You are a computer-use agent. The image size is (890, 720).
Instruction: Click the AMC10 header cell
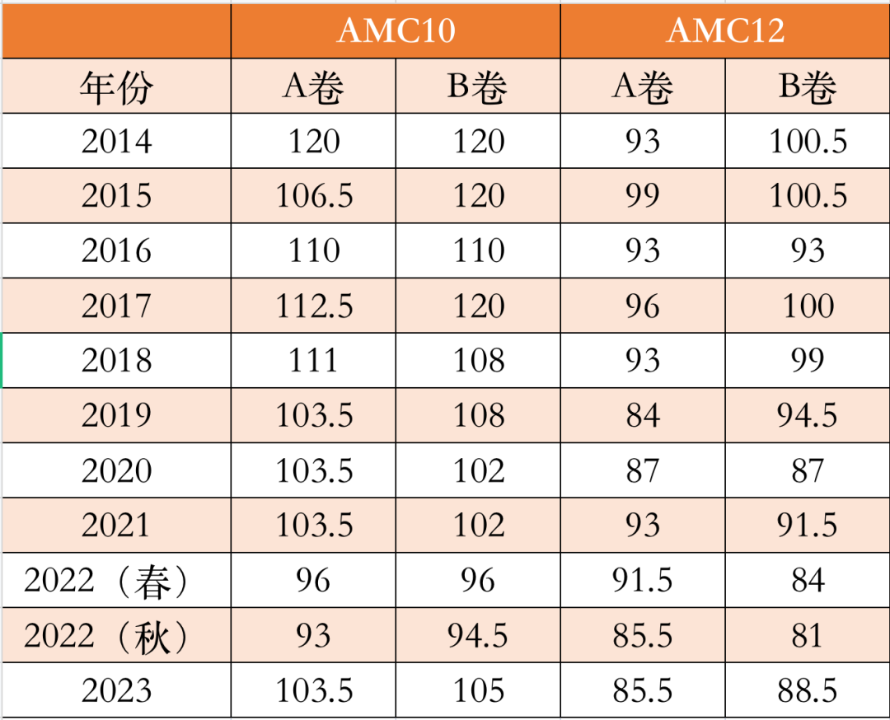[396, 30]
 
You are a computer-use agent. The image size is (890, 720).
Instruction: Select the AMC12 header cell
[725, 30]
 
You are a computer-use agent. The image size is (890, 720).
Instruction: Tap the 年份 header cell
[116, 86]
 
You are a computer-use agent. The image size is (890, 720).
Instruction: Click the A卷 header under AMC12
[643, 86]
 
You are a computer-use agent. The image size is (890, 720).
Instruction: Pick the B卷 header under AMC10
[478, 86]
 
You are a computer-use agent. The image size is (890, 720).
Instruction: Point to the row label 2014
[116, 141]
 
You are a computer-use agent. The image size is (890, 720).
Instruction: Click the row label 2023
[116, 690]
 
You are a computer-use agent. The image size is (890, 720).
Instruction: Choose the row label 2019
[116, 416]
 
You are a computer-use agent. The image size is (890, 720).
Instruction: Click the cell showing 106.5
[314, 196]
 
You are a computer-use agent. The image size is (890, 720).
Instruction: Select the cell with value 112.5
[314, 306]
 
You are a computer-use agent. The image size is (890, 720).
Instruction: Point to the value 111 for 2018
[314, 361]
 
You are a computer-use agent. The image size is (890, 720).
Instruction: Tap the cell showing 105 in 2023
[479, 690]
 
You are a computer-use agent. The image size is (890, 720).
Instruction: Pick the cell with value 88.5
[808, 690]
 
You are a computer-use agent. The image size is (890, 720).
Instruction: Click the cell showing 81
[808, 636]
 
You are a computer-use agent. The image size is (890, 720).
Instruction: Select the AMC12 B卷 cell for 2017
[808, 306]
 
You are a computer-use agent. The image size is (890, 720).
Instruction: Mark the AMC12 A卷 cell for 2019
[643, 416]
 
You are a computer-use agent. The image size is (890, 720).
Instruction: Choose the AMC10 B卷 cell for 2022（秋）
[479, 636]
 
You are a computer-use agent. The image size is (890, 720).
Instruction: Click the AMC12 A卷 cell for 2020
[643, 471]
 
